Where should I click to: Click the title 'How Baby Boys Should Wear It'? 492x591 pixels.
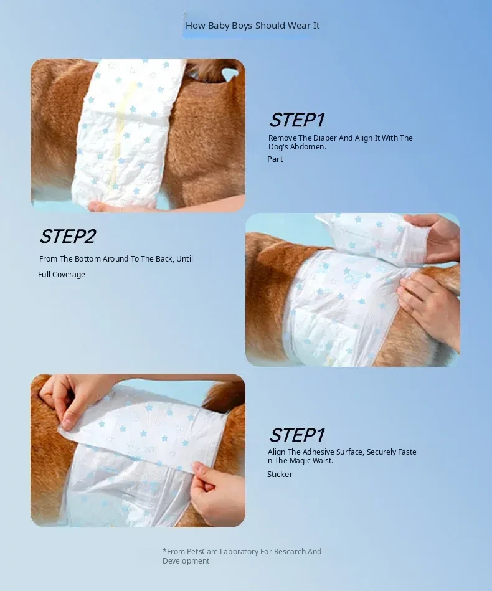(x=253, y=26)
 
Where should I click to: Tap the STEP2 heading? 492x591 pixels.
(x=68, y=236)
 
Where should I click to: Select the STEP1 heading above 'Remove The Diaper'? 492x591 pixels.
(x=297, y=120)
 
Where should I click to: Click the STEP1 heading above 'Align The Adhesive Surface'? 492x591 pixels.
(x=297, y=435)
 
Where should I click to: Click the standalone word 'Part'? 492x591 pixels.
(x=275, y=159)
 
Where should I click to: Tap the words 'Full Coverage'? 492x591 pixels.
(x=62, y=275)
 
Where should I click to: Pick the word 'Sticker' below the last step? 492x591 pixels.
(x=280, y=474)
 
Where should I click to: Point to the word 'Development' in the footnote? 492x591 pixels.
(x=186, y=561)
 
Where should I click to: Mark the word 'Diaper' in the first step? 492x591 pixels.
(x=325, y=138)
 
